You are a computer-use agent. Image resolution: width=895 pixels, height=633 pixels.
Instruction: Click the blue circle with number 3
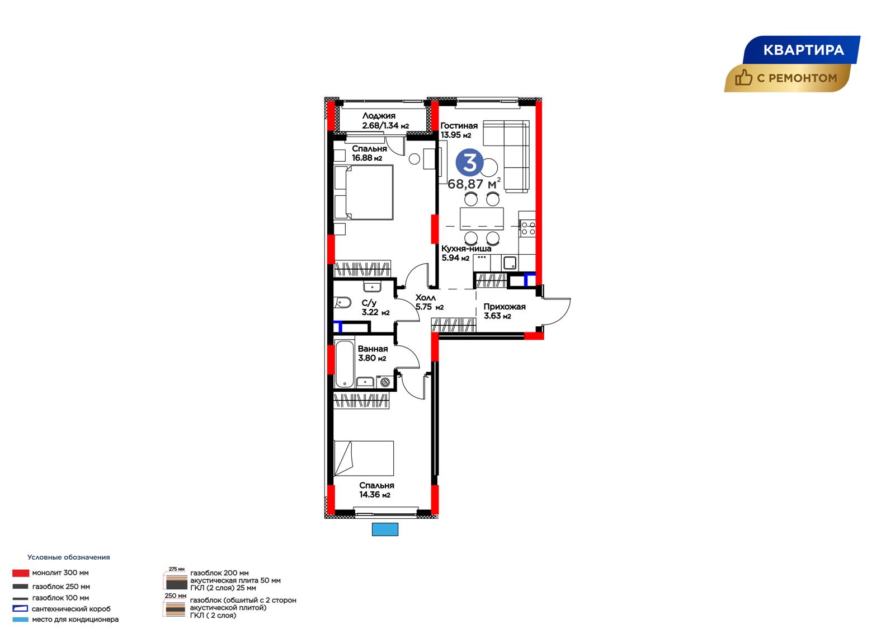[469, 162]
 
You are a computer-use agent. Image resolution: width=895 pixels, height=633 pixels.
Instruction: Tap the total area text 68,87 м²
[474, 184]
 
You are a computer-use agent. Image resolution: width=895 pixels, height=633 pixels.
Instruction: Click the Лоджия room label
[379, 115]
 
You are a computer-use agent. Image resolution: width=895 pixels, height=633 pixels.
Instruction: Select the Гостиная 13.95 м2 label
[459, 130]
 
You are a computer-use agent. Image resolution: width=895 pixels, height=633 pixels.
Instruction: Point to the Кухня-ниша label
[466, 248]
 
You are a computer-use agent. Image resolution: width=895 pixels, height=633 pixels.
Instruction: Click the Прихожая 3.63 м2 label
[504, 311]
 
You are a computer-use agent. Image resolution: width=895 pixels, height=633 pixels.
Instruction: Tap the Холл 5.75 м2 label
[429, 302]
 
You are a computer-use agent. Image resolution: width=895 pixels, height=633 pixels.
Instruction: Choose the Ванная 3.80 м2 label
[373, 354]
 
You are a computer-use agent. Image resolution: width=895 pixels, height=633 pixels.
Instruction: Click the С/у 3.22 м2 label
[375, 307]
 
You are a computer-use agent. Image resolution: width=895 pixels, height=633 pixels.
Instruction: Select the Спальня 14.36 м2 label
[376, 490]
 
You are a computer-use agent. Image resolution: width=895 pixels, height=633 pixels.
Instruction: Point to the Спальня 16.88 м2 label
[369, 153]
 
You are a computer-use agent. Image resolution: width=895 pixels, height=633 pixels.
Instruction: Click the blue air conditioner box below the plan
[385, 529]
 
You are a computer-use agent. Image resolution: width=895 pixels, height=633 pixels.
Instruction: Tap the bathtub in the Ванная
[345, 363]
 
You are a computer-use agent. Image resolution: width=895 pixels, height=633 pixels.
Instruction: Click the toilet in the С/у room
[342, 302]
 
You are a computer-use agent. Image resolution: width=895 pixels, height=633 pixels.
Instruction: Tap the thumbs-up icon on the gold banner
[743, 78]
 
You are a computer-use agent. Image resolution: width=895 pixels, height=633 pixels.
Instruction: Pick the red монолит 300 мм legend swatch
[21, 573]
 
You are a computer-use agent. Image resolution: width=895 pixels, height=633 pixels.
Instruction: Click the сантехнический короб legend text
[71, 609]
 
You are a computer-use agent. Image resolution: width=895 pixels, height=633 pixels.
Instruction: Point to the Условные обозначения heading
[69, 557]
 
